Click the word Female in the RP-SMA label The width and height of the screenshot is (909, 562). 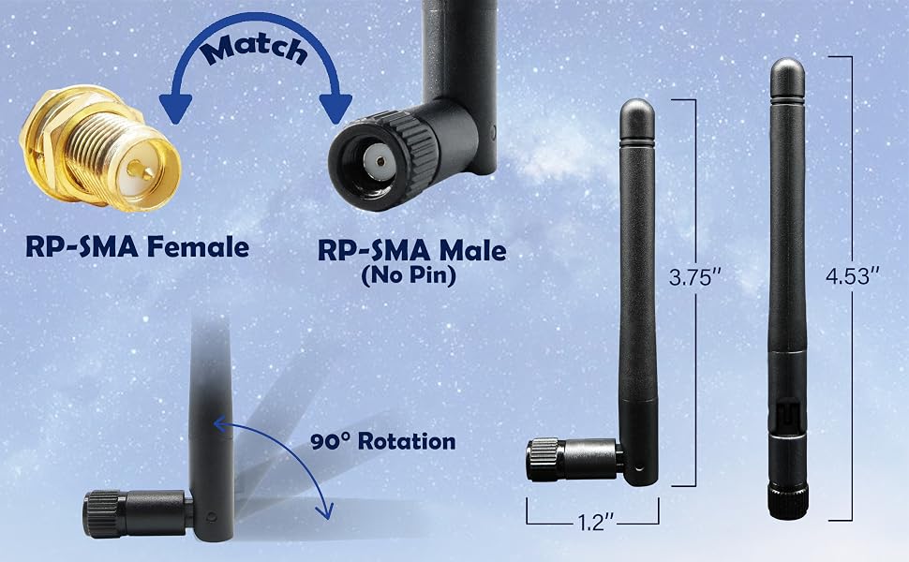click(198, 247)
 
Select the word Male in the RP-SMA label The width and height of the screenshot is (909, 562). click(472, 251)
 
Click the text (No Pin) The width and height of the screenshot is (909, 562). click(409, 275)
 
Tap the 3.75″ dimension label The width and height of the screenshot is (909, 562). click(690, 277)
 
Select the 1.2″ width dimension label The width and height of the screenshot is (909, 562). click(595, 522)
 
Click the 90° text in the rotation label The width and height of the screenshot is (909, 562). click(331, 441)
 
